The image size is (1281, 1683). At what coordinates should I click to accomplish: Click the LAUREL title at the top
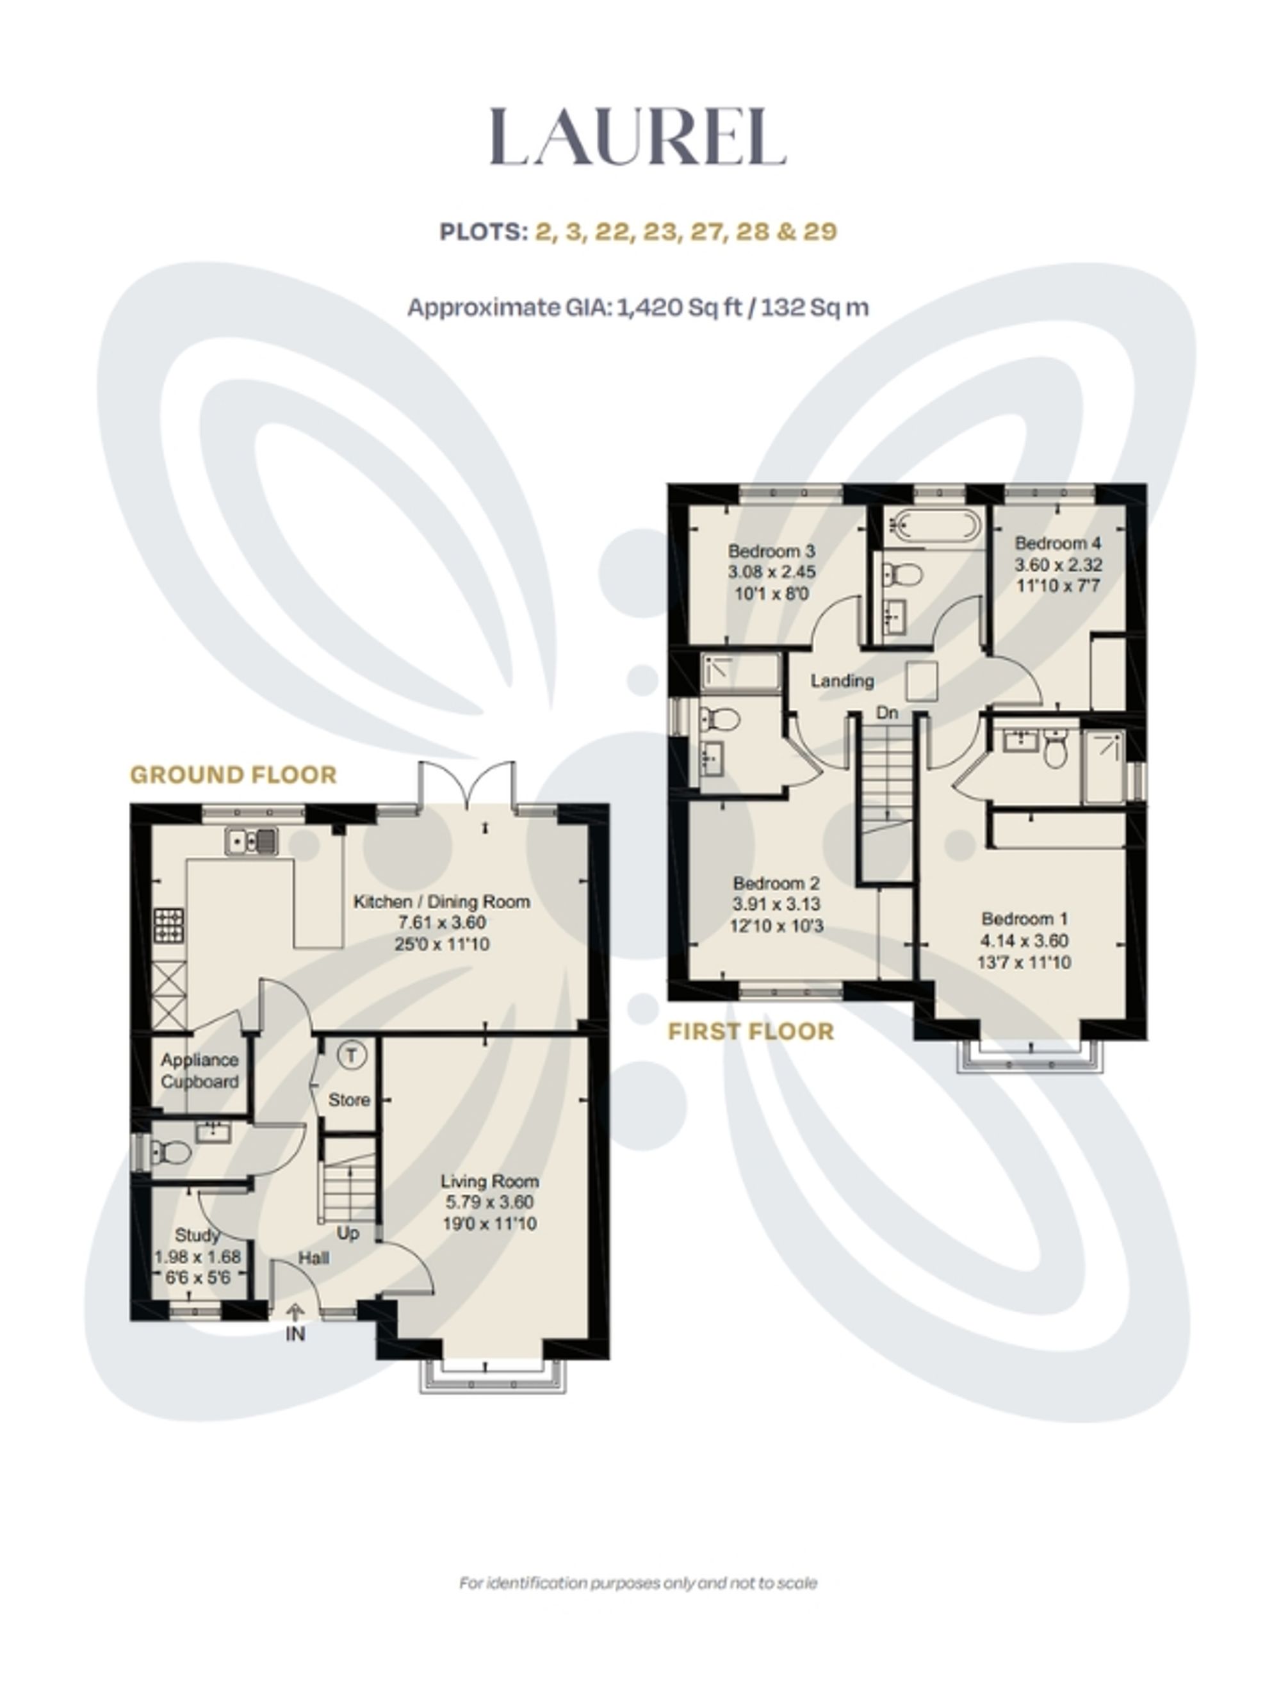click(x=637, y=137)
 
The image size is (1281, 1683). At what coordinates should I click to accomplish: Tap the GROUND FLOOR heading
click(x=233, y=775)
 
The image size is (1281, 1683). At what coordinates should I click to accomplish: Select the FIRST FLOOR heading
click(x=751, y=1031)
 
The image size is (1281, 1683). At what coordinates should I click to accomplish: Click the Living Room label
click(x=489, y=1181)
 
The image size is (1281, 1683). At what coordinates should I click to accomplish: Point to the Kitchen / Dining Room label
click(x=441, y=901)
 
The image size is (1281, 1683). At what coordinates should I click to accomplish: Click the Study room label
click(x=197, y=1235)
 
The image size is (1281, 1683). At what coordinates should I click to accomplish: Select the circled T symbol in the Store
click(x=351, y=1055)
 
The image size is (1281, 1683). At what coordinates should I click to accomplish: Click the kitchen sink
click(x=252, y=841)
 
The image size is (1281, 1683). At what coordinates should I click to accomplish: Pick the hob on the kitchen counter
click(x=169, y=925)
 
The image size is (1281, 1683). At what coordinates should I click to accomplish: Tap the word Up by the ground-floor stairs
click(x=348, y=1233)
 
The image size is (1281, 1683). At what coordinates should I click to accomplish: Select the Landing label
click(x=842, y=680)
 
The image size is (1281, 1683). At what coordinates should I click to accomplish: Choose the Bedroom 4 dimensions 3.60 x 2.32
click(x=1058, y=565)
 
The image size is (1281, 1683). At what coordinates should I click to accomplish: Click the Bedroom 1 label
click(x=1025, y=919)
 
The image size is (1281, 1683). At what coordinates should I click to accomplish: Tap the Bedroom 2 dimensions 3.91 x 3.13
click(x=776, y=905)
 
